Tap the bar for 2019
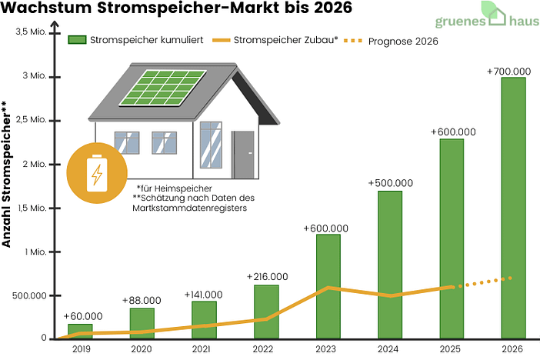[x=79, y=332]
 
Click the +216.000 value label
[x=267, y=276]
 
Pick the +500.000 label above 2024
[x=391, y=183]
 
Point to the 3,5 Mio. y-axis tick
[x=32, y=32]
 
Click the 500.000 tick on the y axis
[x=28, y=295]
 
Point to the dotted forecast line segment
[x=485, y=282]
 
